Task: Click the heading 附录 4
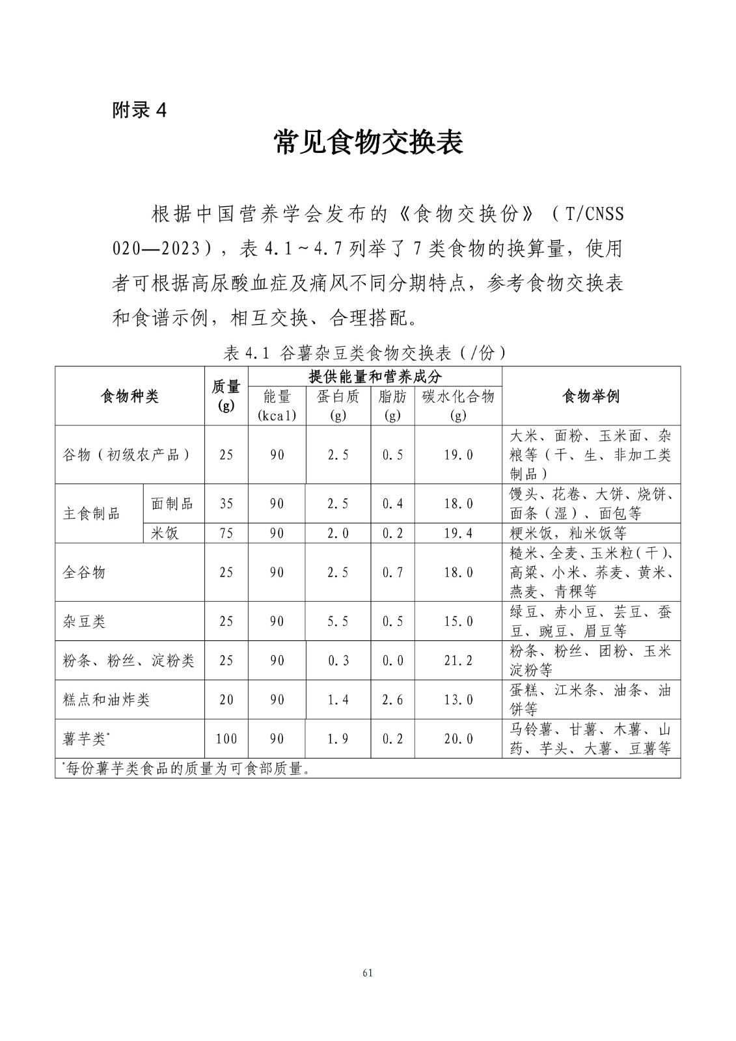(140, 111)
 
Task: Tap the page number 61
(368, 973)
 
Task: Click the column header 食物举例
(591, 396)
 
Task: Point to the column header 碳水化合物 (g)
(458, 405)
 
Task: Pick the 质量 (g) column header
(226, 396)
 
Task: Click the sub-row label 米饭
(165, 534)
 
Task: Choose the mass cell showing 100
(226, 739)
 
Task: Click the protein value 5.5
(338, 621)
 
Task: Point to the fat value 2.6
(392, 699)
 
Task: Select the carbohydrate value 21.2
(458, 660)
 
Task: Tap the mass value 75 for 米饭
(226, 534)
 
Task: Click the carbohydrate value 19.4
(458, 534)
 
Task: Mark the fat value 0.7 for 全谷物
(392, 573)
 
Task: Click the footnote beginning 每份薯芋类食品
(185, 768)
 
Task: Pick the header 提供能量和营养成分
(375, 376)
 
